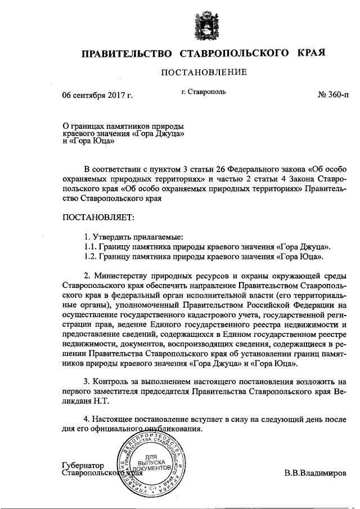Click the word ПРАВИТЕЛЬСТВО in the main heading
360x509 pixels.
tap(127, 54)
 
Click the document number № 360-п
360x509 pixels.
tap(334, 95)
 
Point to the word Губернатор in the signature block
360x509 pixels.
tap(84, 466)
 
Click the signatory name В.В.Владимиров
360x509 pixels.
tap(316, 475)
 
